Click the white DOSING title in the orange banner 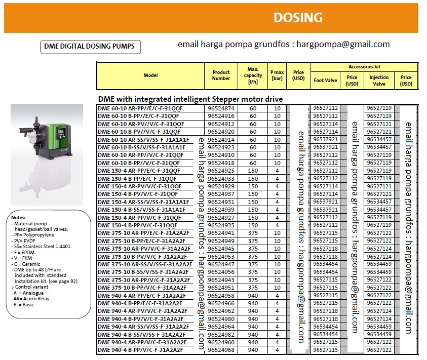[x=298, y=18]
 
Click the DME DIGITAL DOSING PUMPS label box [x=90, y=47]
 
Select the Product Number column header [x=221, y=75]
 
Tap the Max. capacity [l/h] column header [x=253, y=75]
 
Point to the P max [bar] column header [x=277, y=75]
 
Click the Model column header [x=150, y=75]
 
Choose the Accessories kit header [x=364, y=67]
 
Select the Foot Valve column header [x=325, y=81]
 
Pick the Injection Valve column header [x=379, y=81]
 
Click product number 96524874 [x=221, y=108]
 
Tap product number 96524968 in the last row [x=221, y=350]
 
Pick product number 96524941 [x=221, y=233]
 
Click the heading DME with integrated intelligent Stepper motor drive [x=190, y=99]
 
